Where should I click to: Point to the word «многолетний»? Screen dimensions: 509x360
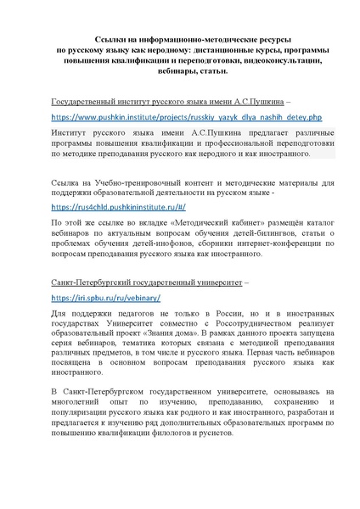coord(81,397)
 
